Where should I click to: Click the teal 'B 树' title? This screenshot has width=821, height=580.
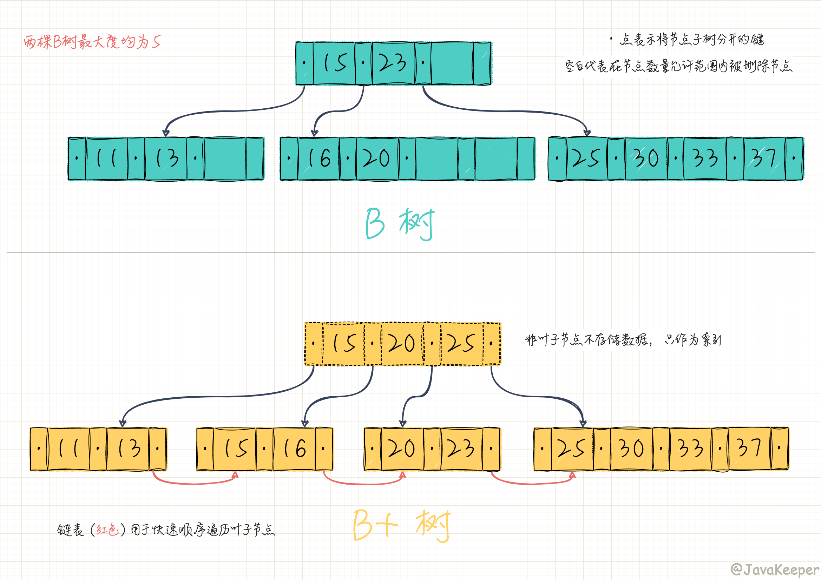point(400,224)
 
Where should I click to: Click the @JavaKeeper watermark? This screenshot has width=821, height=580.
point(775,569)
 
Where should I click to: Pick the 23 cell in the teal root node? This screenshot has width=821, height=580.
point(393,63)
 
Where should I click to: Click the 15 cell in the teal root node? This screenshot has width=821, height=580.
point(334,63)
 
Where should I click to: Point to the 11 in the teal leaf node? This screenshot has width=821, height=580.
point(106,158)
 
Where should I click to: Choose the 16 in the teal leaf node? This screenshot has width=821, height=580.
point(318,158)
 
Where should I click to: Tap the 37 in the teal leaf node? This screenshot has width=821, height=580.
point(764,158)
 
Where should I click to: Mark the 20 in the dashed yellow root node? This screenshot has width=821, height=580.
point(402,344)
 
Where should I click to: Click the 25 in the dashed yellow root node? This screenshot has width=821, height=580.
point(461,344)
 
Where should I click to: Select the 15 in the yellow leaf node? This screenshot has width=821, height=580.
point(235,449)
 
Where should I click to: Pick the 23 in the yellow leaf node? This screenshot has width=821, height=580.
point(461,449)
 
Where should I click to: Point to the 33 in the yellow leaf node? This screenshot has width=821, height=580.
point(690,449)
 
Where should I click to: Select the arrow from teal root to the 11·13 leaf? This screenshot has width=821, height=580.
point(229,111)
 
